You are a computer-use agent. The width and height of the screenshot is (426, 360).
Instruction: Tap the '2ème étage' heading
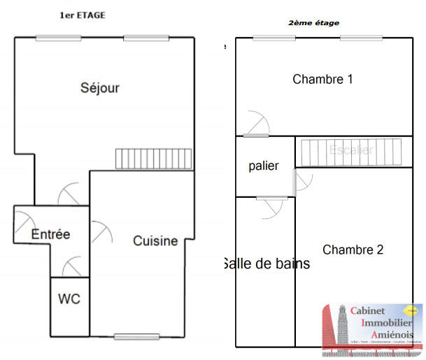313,23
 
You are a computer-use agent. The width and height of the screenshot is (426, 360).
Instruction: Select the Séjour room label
100,88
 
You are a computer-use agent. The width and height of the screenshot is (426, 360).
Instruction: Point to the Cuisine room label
155,241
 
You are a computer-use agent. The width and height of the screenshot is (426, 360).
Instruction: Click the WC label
69,299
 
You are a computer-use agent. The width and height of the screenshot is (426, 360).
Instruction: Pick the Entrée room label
50,235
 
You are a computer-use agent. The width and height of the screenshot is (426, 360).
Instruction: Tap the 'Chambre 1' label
322,80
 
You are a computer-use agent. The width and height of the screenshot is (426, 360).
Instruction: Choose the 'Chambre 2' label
353,250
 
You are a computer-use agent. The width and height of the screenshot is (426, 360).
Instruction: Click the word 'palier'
264,166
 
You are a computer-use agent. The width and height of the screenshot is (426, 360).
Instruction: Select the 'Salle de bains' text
266,264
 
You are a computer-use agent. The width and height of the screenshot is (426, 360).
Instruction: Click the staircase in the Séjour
153,159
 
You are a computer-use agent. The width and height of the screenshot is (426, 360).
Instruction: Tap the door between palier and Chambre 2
302,182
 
